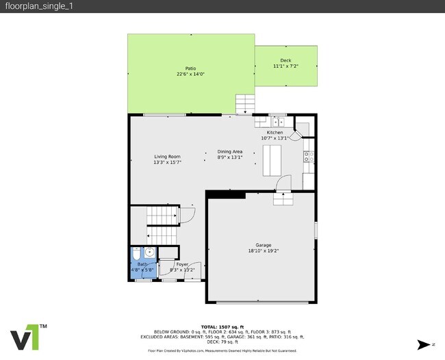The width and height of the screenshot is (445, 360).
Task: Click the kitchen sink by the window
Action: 277,120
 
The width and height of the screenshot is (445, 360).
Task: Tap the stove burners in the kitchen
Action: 309,159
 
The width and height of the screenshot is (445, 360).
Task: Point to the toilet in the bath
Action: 136,251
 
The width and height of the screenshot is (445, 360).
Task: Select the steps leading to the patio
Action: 245,104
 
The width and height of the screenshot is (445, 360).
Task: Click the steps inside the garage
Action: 283,198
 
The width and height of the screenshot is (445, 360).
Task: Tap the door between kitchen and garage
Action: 283,183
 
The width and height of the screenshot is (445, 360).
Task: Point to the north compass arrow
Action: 427,344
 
